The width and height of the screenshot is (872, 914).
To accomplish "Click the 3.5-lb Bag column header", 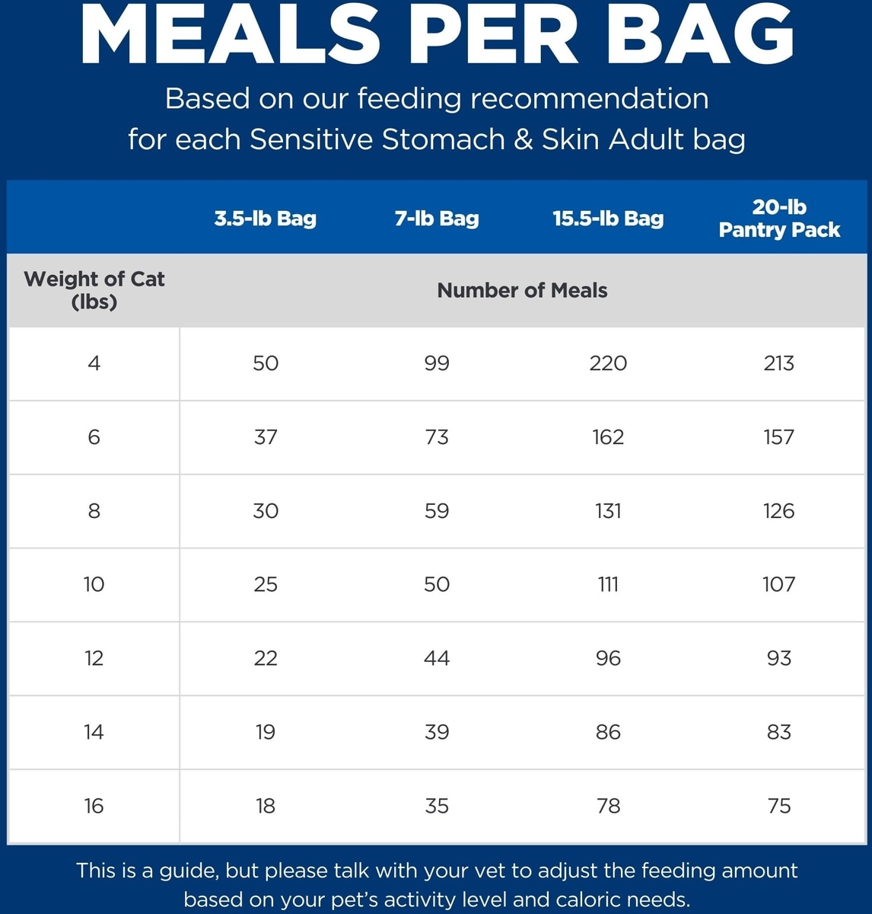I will pos(265,219).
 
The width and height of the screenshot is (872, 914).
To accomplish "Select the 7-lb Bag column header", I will pos(437,219).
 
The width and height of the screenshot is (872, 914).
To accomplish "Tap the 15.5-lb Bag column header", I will pos(608,219).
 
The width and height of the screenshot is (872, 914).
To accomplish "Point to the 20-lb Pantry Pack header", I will pos(779,219).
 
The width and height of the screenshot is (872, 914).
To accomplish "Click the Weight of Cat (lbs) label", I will pos(94,290).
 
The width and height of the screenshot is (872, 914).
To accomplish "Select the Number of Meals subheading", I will pos(522,290).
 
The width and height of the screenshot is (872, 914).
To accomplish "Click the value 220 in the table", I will pos(608,363).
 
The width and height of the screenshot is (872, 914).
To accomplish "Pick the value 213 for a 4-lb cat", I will pos(778,363).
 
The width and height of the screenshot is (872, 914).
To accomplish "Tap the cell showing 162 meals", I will pos(608,437).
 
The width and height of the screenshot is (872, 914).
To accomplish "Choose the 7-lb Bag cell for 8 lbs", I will pos(437,511).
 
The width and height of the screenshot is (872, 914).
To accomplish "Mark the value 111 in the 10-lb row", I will pos(608,585).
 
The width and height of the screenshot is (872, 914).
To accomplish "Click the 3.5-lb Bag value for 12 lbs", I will pos(265,658).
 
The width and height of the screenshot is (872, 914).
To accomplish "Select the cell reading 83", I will pos(778,732).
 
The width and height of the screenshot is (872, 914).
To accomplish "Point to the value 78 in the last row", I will pos(608,806).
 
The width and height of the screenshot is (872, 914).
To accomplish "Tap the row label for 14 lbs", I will pos(94,732).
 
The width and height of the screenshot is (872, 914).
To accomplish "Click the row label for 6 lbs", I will pos(94,437).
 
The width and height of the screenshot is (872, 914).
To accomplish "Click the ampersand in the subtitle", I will pos(522,139).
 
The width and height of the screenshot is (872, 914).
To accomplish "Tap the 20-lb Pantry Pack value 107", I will pos(778,585).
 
